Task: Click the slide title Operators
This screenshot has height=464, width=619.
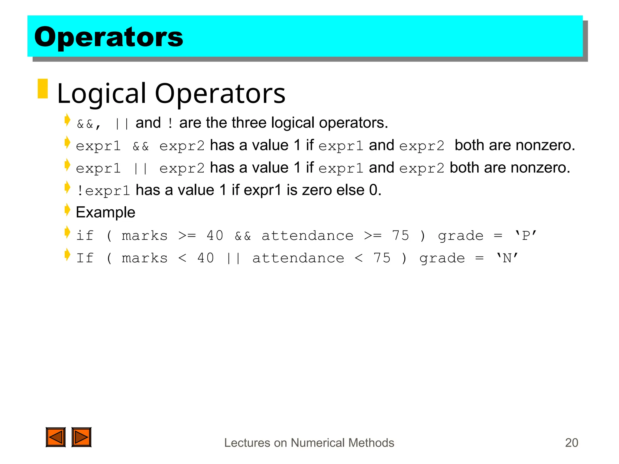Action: pyautogui.click(x=109, y=37)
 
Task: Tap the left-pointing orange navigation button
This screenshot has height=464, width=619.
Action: pyautogui.click(x=56, y=437)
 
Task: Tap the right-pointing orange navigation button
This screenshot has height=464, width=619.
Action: pyautogui.click(x=81, y=437)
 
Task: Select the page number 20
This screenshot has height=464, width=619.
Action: pyautogui.click(x=571, y=443)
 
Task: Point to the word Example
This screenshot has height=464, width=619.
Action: pyautogui.click(x=105, y=212)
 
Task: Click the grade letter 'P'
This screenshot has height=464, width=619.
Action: pyautogui.click(x=526, y=236)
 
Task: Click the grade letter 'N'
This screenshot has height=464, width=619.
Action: pyautogui.click(x=507, y=258)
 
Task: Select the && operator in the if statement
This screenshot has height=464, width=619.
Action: pyautogui.click(x=243, y=236)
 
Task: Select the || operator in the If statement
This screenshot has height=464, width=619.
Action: pyautogui.click(x=233, y=259)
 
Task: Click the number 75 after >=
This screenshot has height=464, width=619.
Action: pyautogui.click(x=400, y=236)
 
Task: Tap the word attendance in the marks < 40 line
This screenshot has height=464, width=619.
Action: pyautogui.click(x=298, y=258)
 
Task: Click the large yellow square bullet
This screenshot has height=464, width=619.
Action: pyautogui.click(x=43, y=89)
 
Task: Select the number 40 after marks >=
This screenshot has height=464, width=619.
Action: pyautogui.click(x=215, y=236)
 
